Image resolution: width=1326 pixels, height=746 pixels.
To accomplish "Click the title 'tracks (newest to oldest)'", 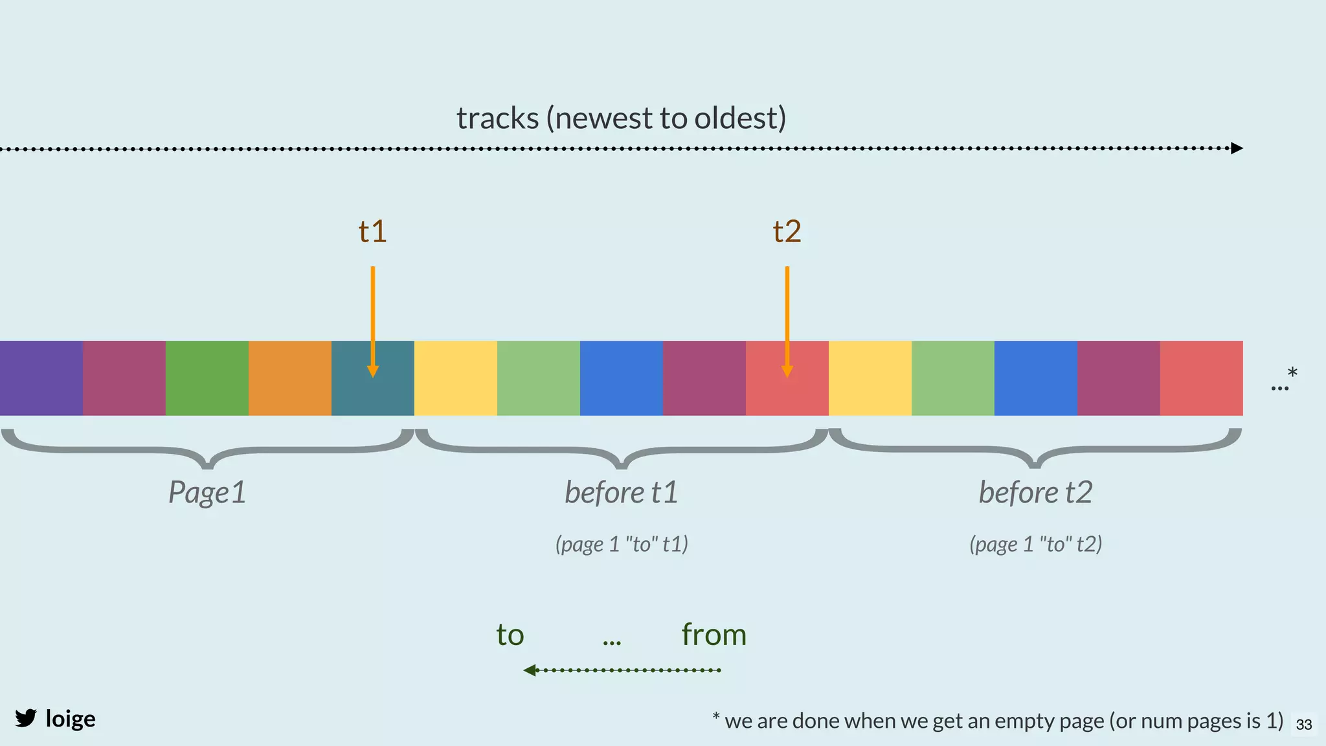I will (621, 118).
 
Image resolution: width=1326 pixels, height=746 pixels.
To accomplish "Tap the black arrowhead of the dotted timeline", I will (1236, 148).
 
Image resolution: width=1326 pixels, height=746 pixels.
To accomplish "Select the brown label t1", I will (372, 231).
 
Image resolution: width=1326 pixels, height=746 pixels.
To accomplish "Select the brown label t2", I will (787, 231).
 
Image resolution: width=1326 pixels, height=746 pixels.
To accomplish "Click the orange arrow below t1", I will (373, 311).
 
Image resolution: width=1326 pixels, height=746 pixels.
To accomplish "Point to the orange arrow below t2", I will (787, 311).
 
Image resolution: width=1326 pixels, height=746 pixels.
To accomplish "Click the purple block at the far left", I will (41, 378).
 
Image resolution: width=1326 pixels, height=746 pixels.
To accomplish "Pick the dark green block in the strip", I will (207, 378).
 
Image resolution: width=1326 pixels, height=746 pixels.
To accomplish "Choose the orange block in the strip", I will (290, 378).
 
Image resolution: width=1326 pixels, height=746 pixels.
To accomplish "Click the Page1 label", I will (207, 492).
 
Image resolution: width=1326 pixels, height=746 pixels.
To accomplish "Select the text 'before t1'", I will (621, 492).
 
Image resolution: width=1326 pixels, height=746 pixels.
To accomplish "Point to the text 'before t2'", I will (1035, 492).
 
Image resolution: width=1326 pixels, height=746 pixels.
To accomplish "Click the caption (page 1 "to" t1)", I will (621, 544).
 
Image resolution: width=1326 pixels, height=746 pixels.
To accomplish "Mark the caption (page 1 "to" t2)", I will (1035, 544).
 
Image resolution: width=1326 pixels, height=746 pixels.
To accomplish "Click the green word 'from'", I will (714, 635).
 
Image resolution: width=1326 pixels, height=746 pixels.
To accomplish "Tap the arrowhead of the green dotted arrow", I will (530, 670).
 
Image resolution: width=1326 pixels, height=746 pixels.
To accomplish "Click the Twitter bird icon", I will (26, 718).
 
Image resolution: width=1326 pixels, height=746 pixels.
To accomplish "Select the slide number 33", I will (1304, 725).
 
